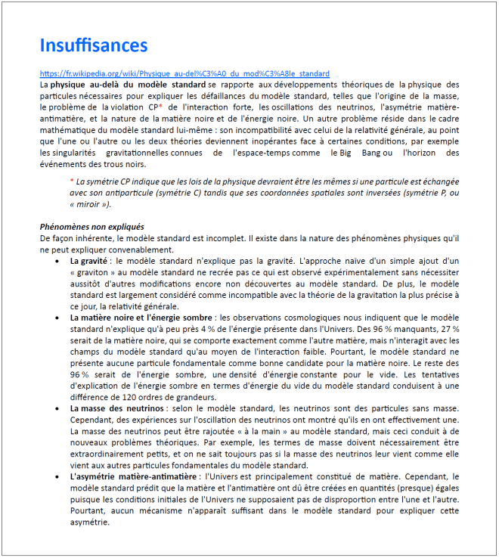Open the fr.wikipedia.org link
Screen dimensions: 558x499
point(184,74)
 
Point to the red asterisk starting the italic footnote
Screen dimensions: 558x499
point(72,181)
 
